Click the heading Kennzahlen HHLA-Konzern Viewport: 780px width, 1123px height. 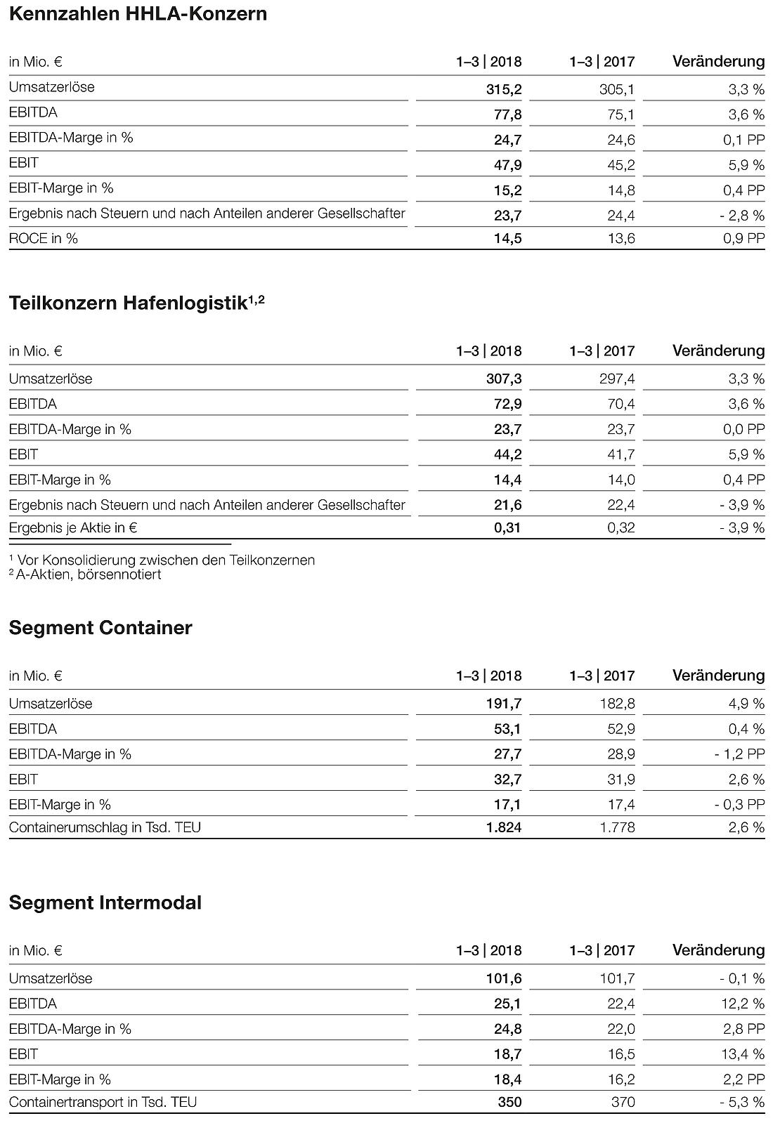coord(138,14)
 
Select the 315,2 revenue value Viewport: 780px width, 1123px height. coord(503,89)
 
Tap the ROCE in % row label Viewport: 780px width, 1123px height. coord(44,238)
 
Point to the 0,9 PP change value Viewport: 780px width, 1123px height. coord(743,239)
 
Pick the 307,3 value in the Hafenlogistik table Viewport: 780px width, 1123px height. coord(503,379)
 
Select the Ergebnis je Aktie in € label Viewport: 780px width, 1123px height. coord(72,527)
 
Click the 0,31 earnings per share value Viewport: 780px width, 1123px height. coord(507,527)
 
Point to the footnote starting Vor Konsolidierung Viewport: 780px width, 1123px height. coord(162,560)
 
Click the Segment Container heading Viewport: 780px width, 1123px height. coord(100,628)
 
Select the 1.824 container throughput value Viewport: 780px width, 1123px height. coord(504,827)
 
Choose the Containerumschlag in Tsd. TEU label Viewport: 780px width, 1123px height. coord(105,827)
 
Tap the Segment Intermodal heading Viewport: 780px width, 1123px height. coord(105,902)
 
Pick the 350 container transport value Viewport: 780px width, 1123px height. coord(509,1102)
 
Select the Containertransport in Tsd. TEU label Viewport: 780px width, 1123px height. coord(103,1102)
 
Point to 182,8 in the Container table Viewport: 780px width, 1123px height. coord(617,704)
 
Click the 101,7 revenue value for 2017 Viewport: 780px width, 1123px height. coord(617,978)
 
